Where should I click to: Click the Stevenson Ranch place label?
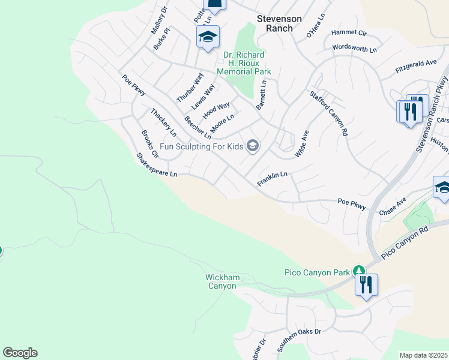(x=279, y=23)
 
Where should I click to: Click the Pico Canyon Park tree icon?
(x=359, y=272)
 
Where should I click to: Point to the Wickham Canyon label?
(x=221, y=281)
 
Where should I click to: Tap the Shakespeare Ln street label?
(x=157, y=165)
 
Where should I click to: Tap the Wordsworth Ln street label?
(x=354, y=47)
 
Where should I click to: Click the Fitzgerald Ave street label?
(x=415, y=66)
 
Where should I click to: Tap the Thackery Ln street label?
(x=163, y=122)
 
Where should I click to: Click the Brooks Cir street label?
(x=149, y=145)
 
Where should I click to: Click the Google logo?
(x=20, y=353)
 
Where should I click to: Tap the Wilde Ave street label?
(x=301, y=145)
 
